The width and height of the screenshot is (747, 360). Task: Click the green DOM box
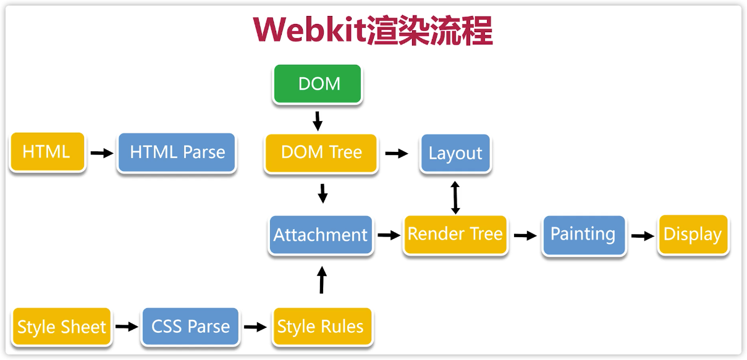[x=318, y=84]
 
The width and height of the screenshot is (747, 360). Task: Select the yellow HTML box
[x=47, y=152]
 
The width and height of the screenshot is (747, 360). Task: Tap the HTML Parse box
[x=177, y=153]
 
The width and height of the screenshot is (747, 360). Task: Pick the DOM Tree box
[x=321, y=153]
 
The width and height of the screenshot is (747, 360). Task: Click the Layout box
[x=455, y=153]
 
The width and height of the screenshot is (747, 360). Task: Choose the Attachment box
[x=321, y=235]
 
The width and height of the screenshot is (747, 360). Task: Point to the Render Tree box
[x=455, y=234]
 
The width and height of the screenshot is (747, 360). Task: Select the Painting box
[x=583, y=235]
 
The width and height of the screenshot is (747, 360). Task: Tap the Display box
[x=693, y=235]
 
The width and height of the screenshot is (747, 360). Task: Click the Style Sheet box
[x=61, y=327]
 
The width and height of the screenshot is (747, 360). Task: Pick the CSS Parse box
[x=190, y=326]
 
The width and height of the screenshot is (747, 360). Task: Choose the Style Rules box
[x=321, y=327]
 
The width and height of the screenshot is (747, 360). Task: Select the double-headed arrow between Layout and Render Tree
[x=455, y=197]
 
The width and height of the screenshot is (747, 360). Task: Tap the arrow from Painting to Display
[x=643, y=235]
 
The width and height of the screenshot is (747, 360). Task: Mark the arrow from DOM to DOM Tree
[x=318, y=120]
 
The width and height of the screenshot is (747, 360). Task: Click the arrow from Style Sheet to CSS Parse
[x=126, y=327]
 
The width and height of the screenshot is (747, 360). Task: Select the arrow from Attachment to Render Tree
[x=389, y=235]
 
